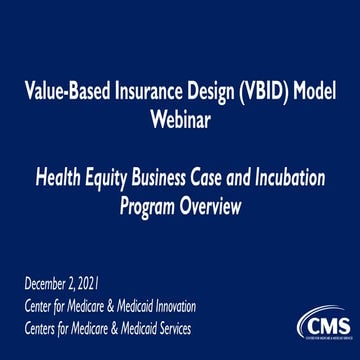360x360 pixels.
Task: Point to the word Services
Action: pyautogui.click(x=167, y=327)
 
